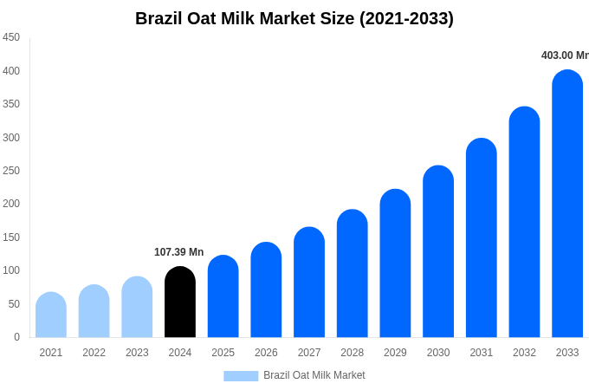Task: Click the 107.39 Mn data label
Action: click(178, 252)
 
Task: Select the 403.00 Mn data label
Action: click(564, 55)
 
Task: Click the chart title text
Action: click(294, 18)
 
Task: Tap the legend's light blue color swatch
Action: click(241, 375)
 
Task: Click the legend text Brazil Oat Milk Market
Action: click(314, 375)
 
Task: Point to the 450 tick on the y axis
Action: click(11, 37)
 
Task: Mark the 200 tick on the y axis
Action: click(11, 204)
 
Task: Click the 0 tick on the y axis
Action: click(16, 337)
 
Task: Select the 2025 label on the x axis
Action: click(223, 353)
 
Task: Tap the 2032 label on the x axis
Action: click(524, 353)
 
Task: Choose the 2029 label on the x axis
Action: click(395, 353)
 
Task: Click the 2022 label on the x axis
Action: click(94, 353)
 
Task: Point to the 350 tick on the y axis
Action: click(11, 104)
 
